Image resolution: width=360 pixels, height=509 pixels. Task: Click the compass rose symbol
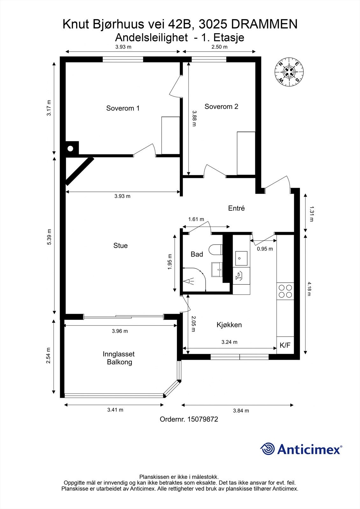[x=289, y=72]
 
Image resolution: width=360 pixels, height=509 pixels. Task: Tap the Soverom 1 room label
[x=123, y=108]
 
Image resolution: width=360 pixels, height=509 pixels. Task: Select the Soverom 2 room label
[x=221, y=106]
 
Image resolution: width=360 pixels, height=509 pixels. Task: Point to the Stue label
[x=121, y=245]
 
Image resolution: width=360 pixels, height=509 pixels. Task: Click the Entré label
[x=236, y=208]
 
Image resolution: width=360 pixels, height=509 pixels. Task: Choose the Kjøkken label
[x=229, y=325]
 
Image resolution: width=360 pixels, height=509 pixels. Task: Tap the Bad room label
[x=197, y=254]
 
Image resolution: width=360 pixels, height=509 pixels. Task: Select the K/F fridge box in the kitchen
[x=285, y=345]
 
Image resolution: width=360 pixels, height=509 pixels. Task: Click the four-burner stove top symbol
[x=285, y=291]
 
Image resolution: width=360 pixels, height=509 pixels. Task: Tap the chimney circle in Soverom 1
[x=70, y=149]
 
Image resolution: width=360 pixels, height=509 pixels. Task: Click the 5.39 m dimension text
[x=49, y=237]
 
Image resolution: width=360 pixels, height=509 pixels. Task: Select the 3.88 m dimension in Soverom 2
[x=194, y=118]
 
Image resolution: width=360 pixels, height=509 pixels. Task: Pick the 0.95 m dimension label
[x=265, y=249]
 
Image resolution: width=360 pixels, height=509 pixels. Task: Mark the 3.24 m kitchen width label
[x=229, y=342]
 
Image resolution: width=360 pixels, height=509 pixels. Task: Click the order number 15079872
[x=203, y=419]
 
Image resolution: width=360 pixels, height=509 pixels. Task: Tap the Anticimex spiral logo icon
[x=267, y=449]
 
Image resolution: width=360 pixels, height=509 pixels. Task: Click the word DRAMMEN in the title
[x=264, y=24]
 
